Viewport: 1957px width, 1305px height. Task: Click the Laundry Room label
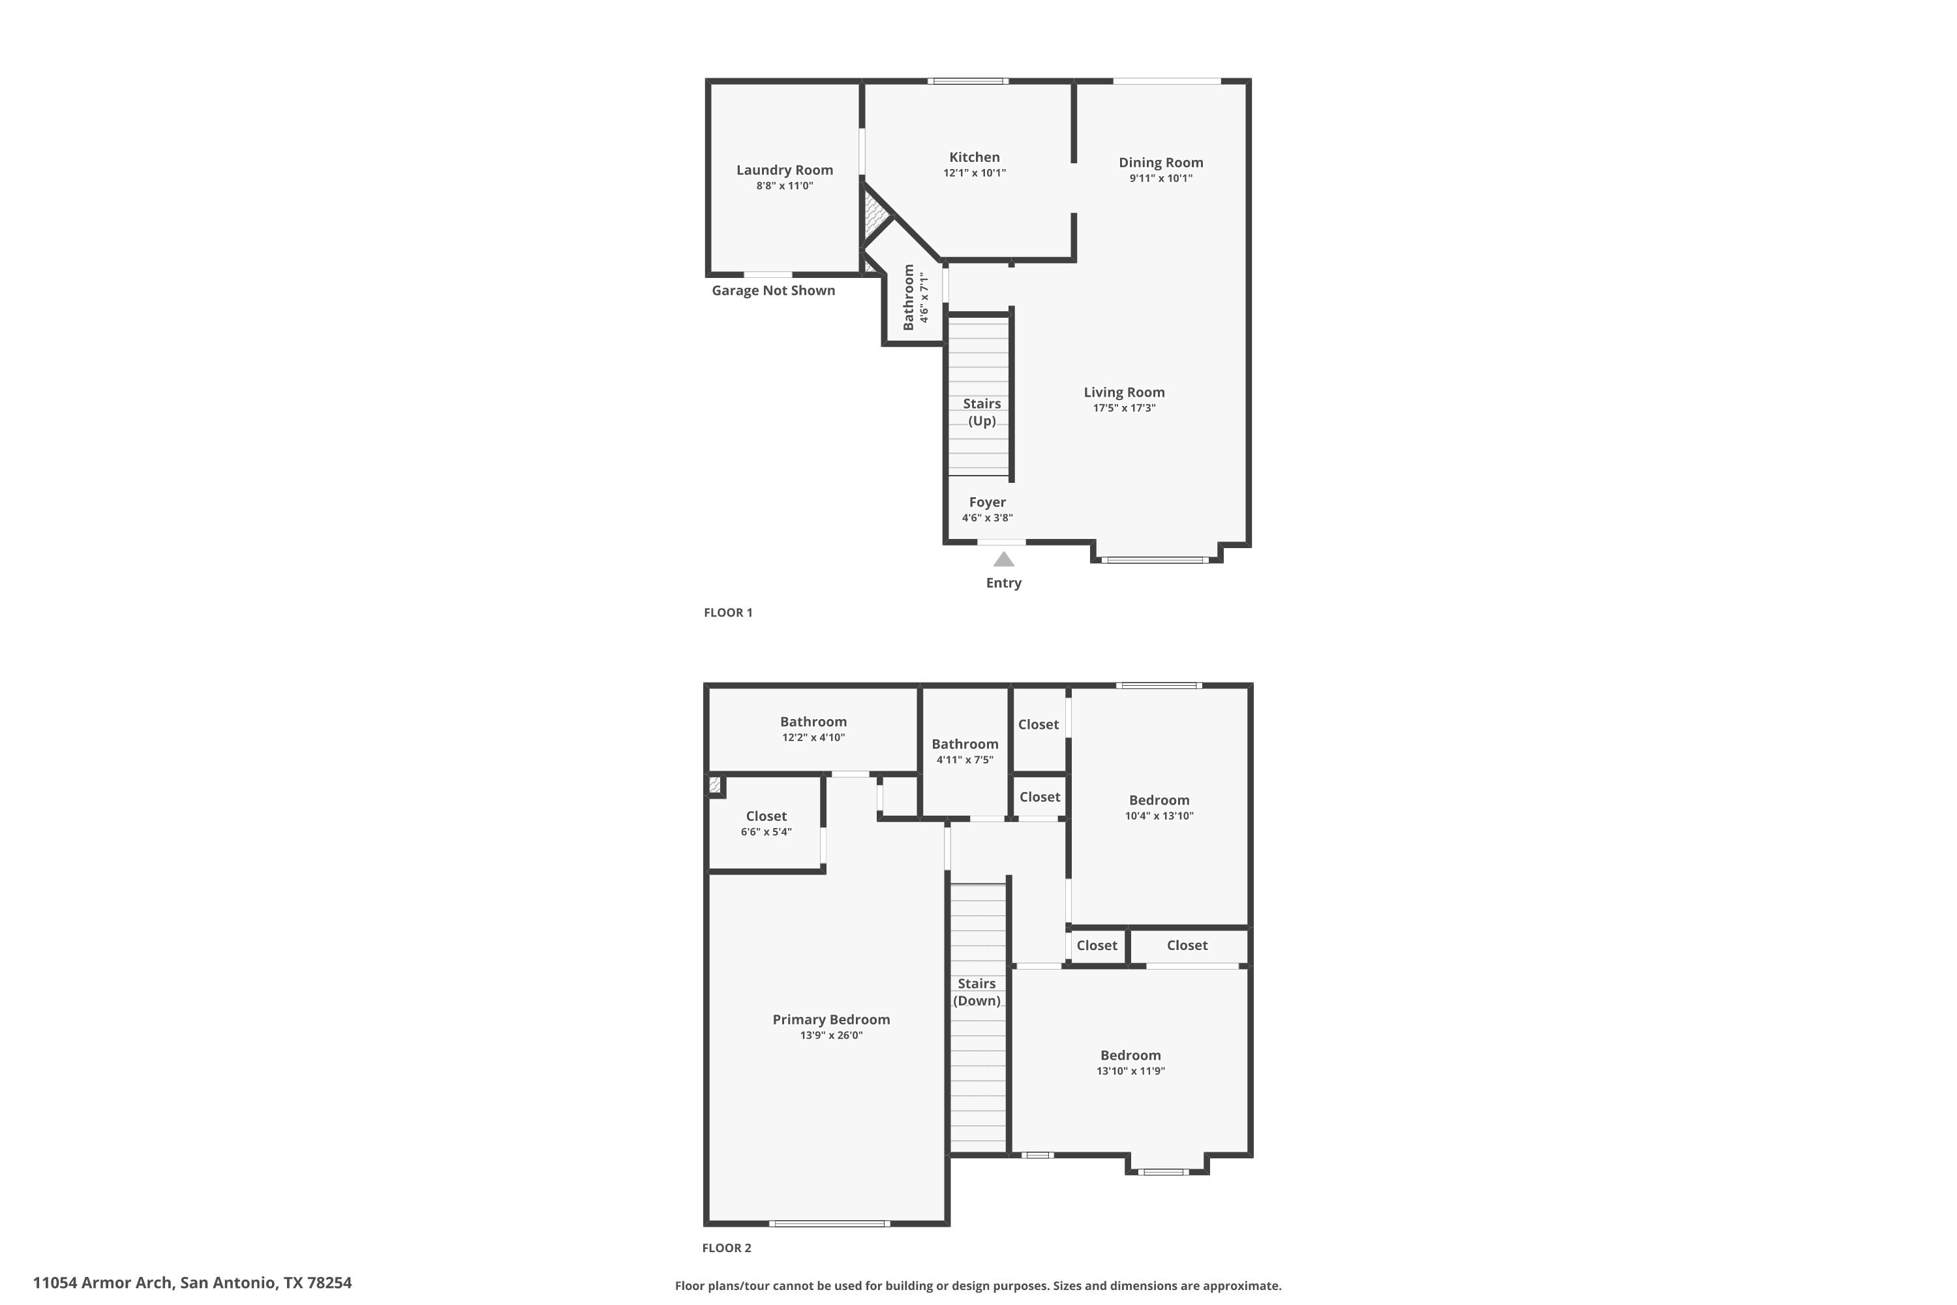tap(784, 170)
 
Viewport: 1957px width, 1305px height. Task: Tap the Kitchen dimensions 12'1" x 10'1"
tap(975, 173)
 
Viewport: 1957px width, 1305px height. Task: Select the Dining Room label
tap(1161, 162)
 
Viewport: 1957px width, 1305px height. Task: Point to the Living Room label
tap(1124, 392)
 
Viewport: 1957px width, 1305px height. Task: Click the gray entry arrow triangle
tap(1003, 559)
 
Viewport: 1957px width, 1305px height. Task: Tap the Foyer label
tap(988, 502)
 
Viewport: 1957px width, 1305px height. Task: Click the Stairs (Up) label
tap(982, 412)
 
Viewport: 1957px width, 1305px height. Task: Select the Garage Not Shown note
tap(773, 290)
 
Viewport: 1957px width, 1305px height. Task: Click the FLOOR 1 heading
tap(728, 613)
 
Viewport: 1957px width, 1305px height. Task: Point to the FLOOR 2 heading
tap(727, 1248)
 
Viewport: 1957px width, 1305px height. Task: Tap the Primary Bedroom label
tap(831, 1019)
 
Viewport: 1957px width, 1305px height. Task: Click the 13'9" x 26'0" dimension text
tap(831, 1036)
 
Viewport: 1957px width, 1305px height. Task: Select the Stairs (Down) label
tap(977, 992)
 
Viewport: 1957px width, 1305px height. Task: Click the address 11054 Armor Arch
tap(103, 1283)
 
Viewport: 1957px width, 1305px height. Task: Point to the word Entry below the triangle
tap(1003, 583)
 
